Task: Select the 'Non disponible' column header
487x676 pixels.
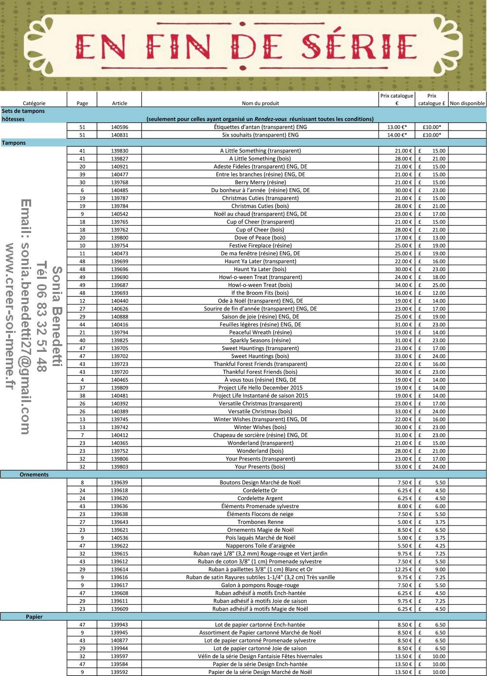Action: pos(467,103)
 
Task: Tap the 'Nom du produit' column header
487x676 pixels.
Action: pos(260,103)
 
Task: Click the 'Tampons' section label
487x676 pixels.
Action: pos(14,143)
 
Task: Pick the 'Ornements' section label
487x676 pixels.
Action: pos(34,474)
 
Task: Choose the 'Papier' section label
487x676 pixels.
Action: pos(34,617)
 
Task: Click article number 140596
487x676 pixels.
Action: pos(119,127)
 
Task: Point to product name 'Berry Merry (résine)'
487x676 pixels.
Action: pos(260,182)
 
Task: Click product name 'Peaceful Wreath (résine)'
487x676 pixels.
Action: pos(260,332)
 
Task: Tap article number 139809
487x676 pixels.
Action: pos(119,387)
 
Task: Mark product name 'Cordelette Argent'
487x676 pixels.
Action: pos(260,498)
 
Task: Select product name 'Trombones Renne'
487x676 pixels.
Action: pos(260,522)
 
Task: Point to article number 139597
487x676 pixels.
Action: pos(119,656)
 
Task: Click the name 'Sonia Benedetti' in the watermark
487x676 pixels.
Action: pos(57,317)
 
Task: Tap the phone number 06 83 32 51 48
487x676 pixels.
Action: pos(42,317)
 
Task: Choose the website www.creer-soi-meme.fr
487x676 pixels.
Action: pos(10,317)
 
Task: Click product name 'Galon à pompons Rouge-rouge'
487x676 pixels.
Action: pos(260,585)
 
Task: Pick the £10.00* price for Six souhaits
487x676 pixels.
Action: pos(431,135)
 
